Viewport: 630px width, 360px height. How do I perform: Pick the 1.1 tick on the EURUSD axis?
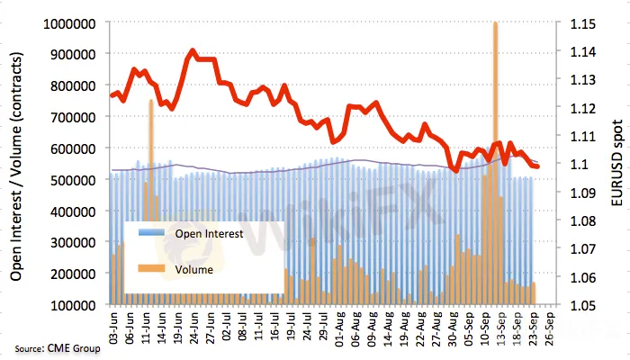[x=572, y=164]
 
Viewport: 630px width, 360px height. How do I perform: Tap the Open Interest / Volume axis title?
[x=17, y=164]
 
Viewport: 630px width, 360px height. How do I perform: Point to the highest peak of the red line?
[x=193, y=51]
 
